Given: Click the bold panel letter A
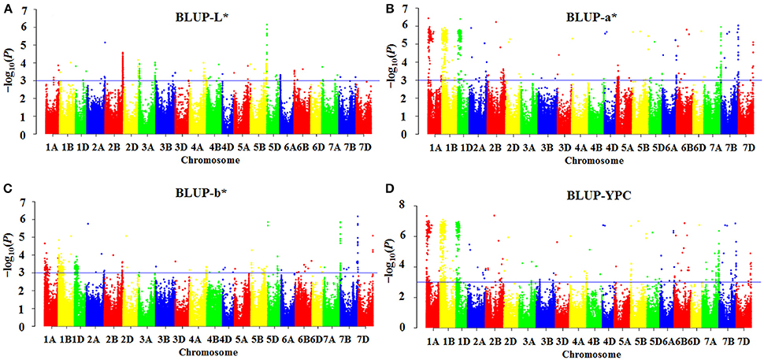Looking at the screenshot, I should (6, 7).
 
